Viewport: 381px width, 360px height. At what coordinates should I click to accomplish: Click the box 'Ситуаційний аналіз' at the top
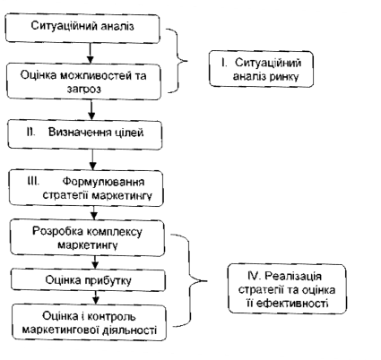click(x=82, y=28)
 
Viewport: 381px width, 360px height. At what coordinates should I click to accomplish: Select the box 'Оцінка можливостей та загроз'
click(x=83, y=81)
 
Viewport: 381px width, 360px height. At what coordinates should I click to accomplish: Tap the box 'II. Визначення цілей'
click(x=85, y=134)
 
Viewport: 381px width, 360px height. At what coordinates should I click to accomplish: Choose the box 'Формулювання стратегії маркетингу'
click(x=86, y=188)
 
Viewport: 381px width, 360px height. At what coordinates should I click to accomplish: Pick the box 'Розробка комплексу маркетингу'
click(x=87, y=237)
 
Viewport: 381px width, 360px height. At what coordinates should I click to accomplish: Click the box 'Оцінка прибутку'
click(x=88, y=280)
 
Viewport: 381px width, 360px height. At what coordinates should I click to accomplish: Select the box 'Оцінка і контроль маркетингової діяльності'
click(x=89, y=322)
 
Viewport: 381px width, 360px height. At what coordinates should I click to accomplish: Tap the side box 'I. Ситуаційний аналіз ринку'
click(x=261, y=69)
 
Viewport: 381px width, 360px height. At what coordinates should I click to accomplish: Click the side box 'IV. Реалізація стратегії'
click(x=287, y=289)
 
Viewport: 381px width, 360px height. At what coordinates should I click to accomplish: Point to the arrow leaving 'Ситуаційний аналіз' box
click(x=90, y=53)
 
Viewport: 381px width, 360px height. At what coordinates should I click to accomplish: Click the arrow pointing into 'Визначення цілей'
click(x=91, y=109)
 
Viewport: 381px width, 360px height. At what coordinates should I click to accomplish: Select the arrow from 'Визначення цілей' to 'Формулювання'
click(x=93, y=159)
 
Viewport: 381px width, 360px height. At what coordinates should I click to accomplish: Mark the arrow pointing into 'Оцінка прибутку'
click(x=95, y=262)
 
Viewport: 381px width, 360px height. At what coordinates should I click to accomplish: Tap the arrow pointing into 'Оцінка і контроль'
click(x=96, y=298)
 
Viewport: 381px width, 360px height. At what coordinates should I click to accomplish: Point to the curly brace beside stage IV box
click(x=190, y=280)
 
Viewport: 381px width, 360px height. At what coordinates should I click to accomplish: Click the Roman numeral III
click(x=33, y=181)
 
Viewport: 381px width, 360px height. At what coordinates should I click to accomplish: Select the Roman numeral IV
click(x=254, y=276)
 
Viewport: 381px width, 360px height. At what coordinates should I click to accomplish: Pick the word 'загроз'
click(x=84, y=89)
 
